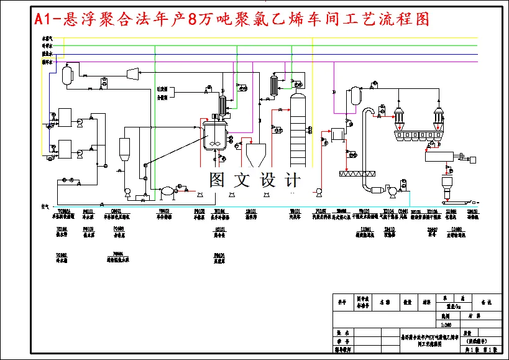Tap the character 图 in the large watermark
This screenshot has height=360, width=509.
(217, 180)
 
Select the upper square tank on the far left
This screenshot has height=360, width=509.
(65, 117)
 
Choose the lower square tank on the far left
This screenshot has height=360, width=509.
(65, 150)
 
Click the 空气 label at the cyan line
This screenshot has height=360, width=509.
(45, 206)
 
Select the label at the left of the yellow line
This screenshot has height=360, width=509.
(47, 39)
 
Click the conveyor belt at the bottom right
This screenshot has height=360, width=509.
(457, 201)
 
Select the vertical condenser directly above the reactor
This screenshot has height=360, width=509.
(222, 103)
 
